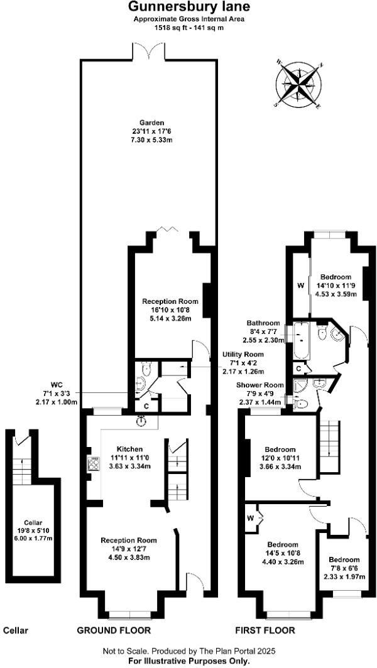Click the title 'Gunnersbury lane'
pos(180,7)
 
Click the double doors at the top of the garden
pos(148,51)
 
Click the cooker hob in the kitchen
pos(93,464)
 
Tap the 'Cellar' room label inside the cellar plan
pos(33,522)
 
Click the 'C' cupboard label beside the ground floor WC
pos(146,406)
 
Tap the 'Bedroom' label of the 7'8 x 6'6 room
pos(344,559)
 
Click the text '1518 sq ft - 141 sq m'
pos(180,28)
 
